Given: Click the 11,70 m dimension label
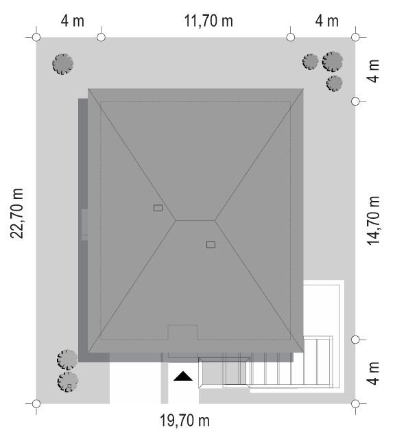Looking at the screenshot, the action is coord(208,21).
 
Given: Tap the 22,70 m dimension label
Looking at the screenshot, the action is coord(16,213).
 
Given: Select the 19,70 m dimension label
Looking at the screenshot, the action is coord(184,420).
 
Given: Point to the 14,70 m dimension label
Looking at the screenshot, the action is coord(373,221).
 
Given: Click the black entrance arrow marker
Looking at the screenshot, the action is coord(183,376).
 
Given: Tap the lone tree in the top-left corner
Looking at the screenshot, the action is coord(63,64).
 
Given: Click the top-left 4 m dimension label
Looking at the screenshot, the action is coord(73,21).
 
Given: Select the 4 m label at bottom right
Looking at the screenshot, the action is coord(373,373).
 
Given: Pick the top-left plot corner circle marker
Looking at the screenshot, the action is coord(36,37).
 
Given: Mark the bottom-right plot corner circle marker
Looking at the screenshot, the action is coord(355,404).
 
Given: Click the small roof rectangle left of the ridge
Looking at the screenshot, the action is coord(158,208).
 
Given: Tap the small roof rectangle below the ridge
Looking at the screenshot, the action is coord(211,245).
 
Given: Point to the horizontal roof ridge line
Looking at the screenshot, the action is coord(195,221).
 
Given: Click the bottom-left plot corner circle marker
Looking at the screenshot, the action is coord(36,404).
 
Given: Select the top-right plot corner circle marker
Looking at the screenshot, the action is coord(355,37).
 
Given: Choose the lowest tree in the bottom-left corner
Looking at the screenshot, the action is coord(68,381).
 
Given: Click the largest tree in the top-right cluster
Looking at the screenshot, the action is coord(333,61).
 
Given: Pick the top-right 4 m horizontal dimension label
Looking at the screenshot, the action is coord(326,21).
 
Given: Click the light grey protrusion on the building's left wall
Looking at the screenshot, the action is coord(84,224).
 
